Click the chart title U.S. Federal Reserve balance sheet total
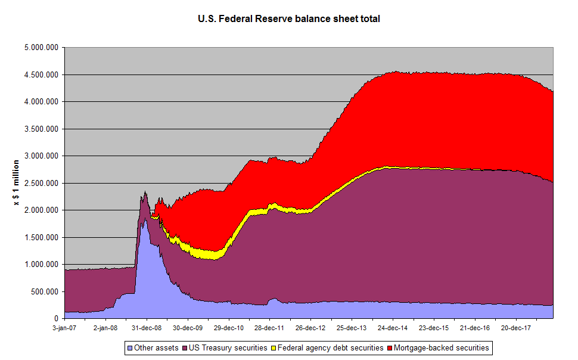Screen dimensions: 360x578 [x=288, y=19]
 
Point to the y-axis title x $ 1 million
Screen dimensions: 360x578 [x=17, y=182]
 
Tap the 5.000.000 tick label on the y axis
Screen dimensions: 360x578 [x=42, y=48]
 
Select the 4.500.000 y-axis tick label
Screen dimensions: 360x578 [x=42, y=75]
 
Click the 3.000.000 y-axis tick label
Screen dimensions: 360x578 [x=42, y=156]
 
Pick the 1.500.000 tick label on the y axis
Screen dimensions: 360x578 [x=42, y=238]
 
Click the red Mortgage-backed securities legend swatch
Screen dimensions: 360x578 [x=391, y=347]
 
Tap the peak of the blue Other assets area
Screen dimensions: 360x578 [x=143, y=222]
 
